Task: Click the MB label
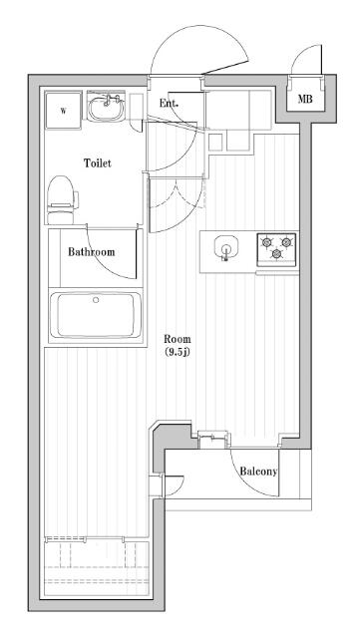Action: coord(305,99)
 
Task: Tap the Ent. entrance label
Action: coord(169,104)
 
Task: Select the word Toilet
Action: coord(98,163)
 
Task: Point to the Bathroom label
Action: coord(91,252)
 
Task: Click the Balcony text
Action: coord(258,472)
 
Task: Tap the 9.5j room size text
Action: coord(178,352)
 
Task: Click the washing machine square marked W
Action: coord(63,111)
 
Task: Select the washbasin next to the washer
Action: coord(106,107)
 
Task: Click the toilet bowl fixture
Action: coord(62,200)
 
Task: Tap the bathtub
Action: coord(96,315)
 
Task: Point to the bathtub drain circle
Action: coord(96,300)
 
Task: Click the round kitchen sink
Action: coord(225,246)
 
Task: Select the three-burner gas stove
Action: coord(276,249)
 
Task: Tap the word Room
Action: coord(178,339)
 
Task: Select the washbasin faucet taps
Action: coord(110,100)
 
